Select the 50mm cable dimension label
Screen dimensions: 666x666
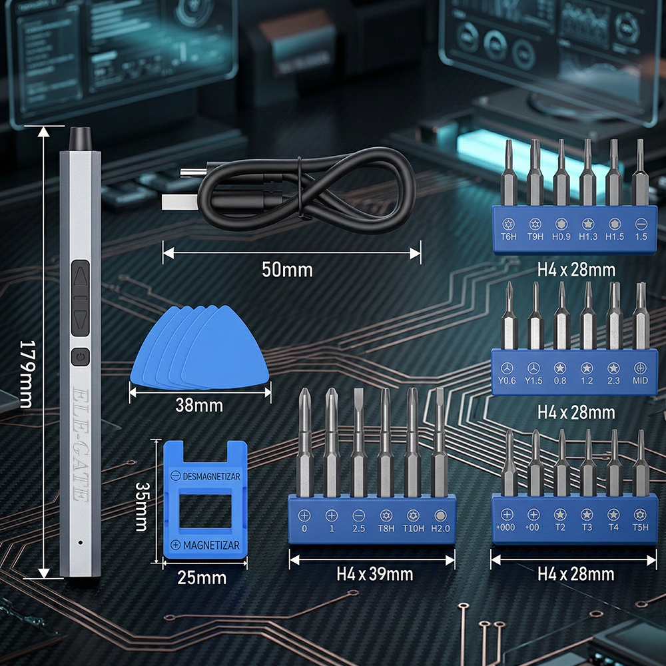287,270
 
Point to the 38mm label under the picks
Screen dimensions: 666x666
200,405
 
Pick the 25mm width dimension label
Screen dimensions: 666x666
202,577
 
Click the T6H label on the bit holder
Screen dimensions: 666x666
508,236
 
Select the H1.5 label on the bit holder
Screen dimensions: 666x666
615,236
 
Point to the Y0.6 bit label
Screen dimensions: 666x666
508,380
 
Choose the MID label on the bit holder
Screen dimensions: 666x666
641,380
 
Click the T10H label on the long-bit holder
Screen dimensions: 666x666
413,529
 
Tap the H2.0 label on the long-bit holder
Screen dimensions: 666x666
440,529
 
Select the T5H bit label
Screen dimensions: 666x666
641,528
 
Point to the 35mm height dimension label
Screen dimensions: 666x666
141,507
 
